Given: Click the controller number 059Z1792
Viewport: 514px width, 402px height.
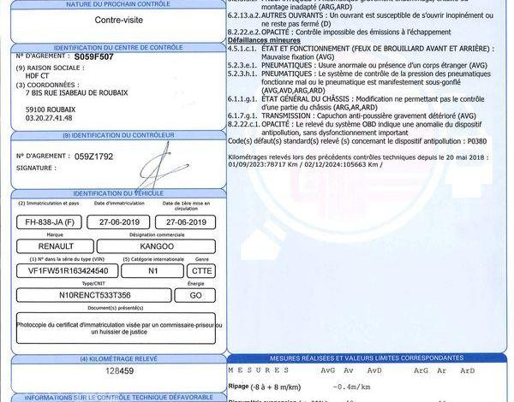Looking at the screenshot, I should coord(94,157).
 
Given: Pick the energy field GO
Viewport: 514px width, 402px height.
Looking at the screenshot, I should coord(195,294).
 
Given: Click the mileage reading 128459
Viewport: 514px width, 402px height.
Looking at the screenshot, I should coord(120,372).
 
